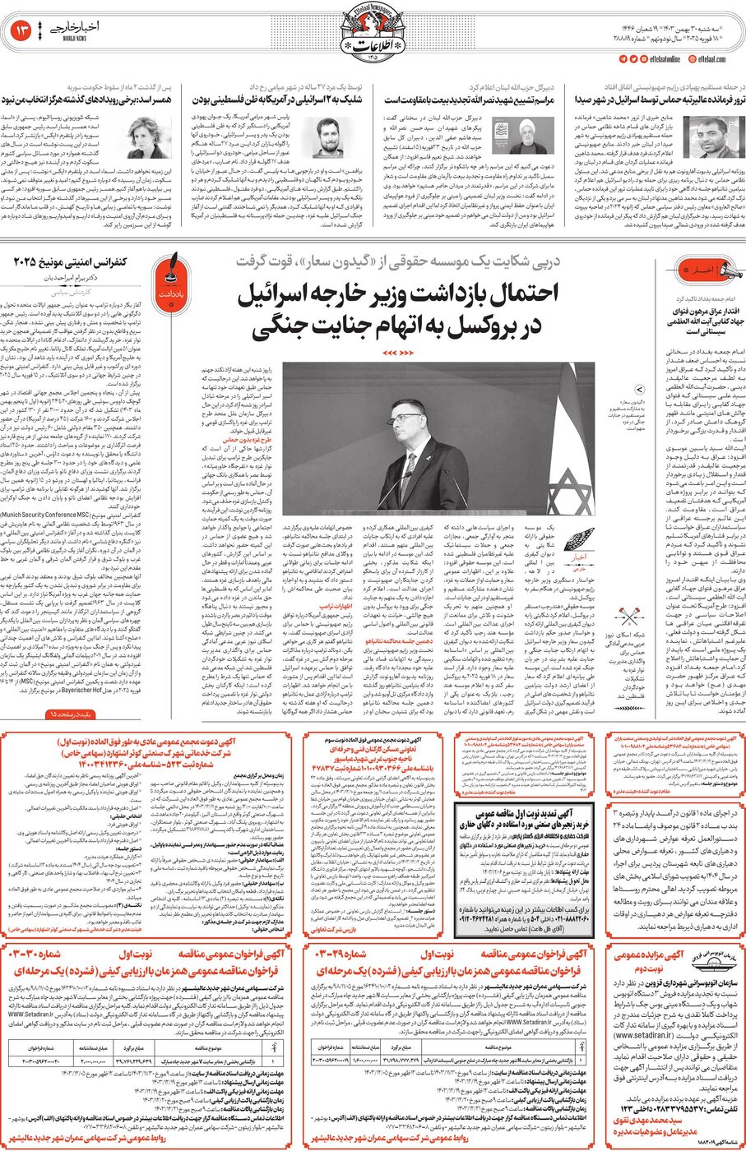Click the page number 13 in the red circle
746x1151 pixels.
(22, 31)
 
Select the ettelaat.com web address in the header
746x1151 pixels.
(711, 59)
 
